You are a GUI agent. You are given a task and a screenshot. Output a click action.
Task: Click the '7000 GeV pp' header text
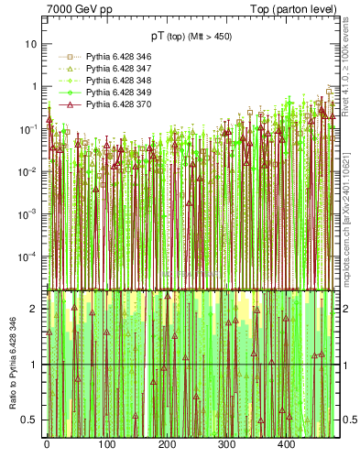pyautogui.click(x=79, y=9)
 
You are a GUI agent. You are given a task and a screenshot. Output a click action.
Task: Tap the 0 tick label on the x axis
pyautogui.click(x=47, y=444)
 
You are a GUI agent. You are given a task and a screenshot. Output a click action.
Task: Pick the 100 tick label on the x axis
pyautogui.click(x=106, y=444)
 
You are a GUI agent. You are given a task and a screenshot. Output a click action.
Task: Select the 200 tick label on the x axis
pyautogui.click(x=167, y=444)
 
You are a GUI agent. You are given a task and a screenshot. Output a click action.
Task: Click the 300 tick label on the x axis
pyautogui.click(x=226, y=444)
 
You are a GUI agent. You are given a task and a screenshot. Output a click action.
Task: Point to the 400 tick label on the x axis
pyautogui.click(x=286, y=444)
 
